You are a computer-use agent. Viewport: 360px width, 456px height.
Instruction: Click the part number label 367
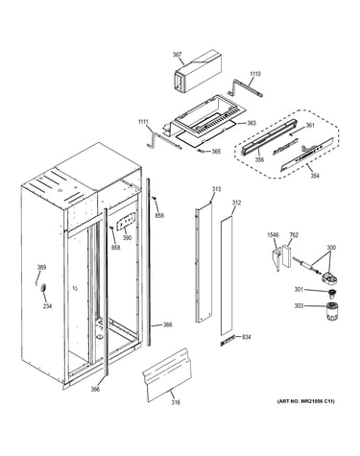click(177, 55)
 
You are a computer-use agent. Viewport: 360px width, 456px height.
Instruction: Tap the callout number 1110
click(255, 74)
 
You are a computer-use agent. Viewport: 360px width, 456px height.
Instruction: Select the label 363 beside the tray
click(252, 123)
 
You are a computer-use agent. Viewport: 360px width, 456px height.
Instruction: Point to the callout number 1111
click(143, 122)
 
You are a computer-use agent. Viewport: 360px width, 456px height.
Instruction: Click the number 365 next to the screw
click(216, 151)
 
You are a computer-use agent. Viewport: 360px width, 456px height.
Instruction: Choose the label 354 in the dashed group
click(315, 176)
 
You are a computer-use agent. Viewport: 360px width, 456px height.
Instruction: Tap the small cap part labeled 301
click(331, 293)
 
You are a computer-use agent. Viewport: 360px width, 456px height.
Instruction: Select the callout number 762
click(294, 235)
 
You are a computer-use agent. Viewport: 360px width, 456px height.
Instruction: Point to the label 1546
click(273, 235)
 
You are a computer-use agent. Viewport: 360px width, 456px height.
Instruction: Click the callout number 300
click(331, 248)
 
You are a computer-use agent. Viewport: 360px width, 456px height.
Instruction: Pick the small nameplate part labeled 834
click(228, 340)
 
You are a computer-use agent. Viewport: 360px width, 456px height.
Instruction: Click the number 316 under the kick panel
click(176, 402)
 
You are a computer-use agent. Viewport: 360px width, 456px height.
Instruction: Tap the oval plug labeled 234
click(43, 288)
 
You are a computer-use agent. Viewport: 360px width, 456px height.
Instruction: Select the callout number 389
click(41, 267)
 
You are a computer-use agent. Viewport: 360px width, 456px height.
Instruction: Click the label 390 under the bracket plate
click(127, 238)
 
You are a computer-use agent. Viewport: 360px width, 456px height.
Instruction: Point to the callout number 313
click(216, 189)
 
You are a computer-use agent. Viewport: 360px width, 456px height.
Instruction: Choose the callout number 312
click(236, 203)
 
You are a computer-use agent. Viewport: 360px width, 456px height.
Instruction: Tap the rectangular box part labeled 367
click(197, 71)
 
